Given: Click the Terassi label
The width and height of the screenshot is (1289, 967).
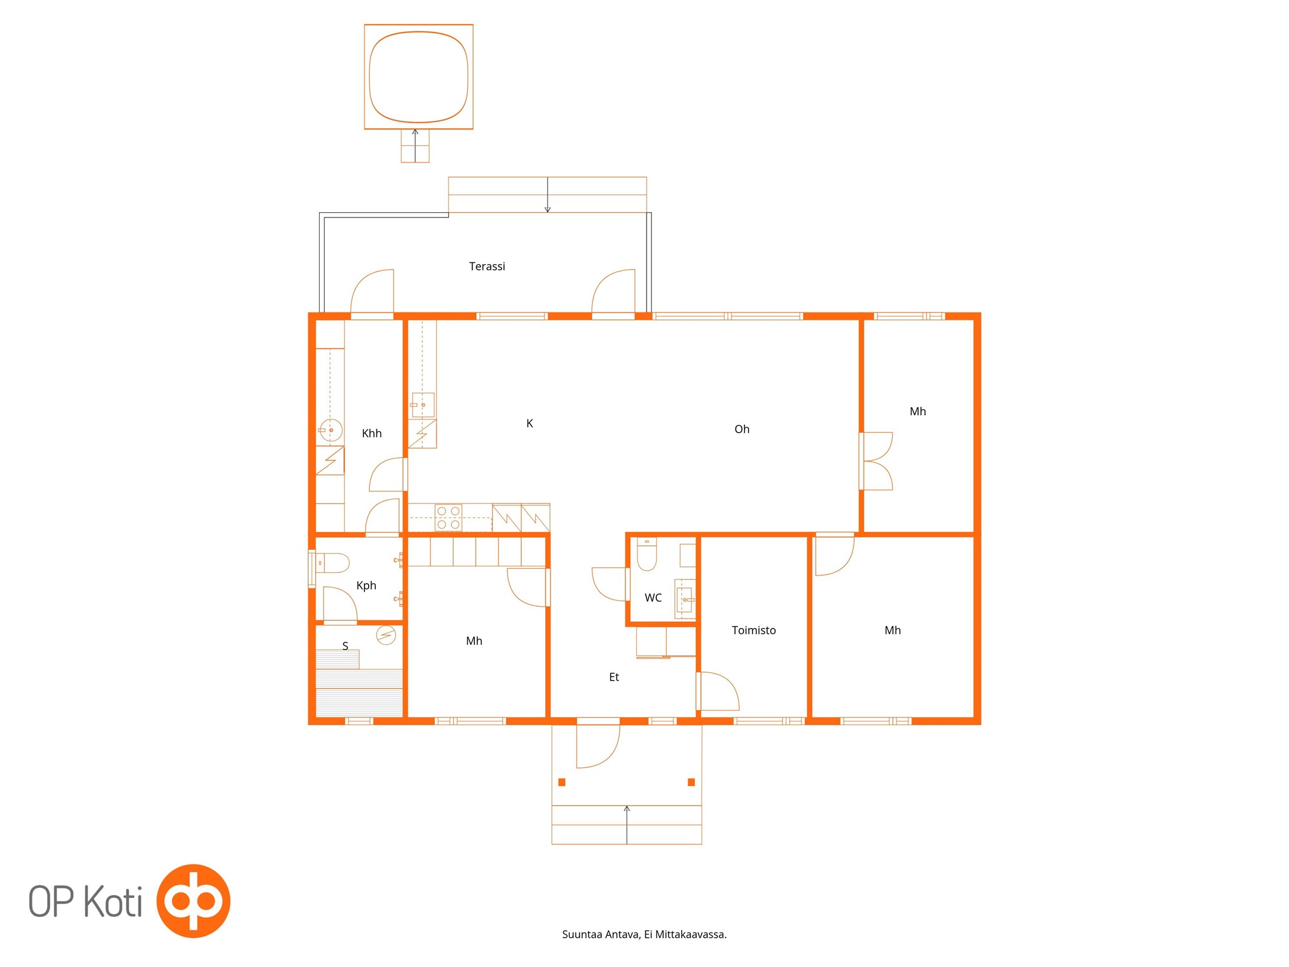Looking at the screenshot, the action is (x=486, y=267).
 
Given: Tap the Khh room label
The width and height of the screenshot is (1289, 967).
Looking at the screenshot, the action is (x=372, y=433).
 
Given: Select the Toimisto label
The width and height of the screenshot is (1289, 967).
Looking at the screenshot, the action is (x=754, y=630).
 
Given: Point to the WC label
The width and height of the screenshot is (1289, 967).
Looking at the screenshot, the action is (x=653, y=598).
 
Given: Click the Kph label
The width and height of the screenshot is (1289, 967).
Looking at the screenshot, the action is (x=366, y=586).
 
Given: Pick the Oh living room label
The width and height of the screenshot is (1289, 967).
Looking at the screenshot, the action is (x=741, y=429).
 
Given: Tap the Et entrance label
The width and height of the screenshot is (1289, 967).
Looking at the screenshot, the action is (x=614, y=677).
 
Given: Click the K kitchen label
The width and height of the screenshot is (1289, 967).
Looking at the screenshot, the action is (x=529, y=424).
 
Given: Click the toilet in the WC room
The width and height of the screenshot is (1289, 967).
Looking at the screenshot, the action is (x=647, y=554).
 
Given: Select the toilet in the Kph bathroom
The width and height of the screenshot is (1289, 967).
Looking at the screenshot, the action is (x=332, y=563).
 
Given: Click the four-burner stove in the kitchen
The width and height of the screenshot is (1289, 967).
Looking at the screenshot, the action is (x=448, y=518).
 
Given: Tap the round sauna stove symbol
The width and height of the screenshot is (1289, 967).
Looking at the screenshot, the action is (x=386, y=635).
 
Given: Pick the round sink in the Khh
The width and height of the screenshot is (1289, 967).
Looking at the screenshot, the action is (x=331, y=430).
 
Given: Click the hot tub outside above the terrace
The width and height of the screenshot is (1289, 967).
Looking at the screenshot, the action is (x=419, y=77).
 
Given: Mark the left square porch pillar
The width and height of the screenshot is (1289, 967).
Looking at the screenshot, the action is (x=562, y=782).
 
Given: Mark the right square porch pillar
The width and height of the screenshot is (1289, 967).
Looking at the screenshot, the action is (x=691, y=782).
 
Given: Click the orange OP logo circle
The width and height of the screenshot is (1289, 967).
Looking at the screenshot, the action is (x=193, y=901).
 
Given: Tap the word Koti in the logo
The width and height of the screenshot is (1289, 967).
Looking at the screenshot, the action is (x=112, y=901).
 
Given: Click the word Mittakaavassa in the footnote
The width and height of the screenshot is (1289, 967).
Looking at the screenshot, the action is (x=691, y=934).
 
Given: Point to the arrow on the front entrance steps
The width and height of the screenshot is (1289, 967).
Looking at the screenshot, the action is (x=627, y=824).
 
